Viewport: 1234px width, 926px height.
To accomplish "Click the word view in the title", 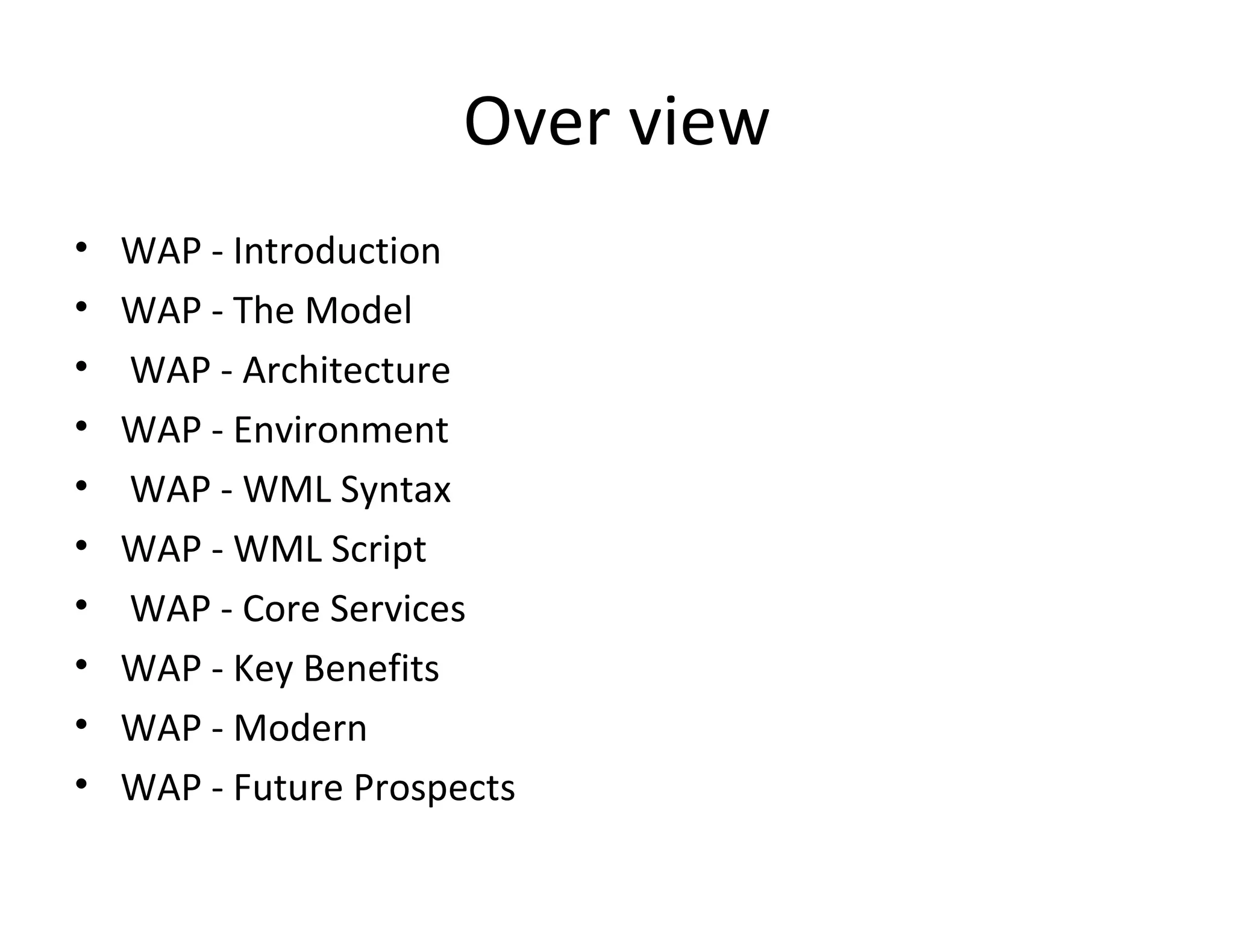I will [700, 122].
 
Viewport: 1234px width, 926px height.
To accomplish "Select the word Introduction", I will [337, 251].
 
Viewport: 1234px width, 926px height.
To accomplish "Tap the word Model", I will [359, 310].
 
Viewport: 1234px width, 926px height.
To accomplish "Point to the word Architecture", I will [346, 370].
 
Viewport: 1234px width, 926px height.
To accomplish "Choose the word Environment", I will [340, 430].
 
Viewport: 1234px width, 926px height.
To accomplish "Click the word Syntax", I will [395, 490].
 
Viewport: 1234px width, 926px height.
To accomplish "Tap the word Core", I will [281, 609].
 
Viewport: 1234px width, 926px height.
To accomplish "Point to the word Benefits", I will [371, 669].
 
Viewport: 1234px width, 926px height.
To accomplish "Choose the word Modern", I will [300, 728].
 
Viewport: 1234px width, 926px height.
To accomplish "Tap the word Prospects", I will [434, 788].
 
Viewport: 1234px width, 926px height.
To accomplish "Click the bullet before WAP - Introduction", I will [81, 248].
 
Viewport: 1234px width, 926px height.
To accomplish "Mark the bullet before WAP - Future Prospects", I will [81, 785].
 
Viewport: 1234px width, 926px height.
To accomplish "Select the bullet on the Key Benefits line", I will [81, 666].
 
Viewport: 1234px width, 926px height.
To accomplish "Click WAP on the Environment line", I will [161, 430].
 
